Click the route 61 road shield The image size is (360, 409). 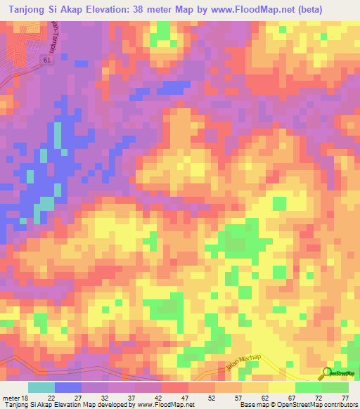46,61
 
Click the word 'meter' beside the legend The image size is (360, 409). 9,398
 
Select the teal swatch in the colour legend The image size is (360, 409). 41,387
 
